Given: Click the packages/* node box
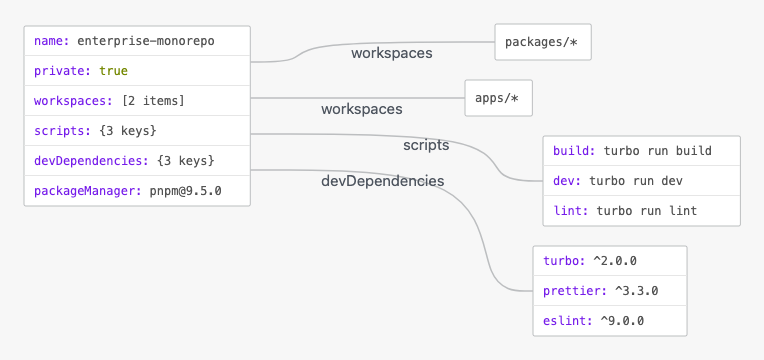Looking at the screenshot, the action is [x=543, y=42].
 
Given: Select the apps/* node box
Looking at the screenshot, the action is [x=498, y=98].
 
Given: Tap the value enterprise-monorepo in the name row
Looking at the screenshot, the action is [x=146, y=41].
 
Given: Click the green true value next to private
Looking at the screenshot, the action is [x=114, y=71].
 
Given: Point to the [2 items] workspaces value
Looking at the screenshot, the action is [x=153, y=101].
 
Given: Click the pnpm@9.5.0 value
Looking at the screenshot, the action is [x=185, y=191].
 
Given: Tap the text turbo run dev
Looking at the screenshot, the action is [x=636, y=181].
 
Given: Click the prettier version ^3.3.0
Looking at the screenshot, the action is [x=636, y=291].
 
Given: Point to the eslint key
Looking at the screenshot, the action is [x=568, y=321].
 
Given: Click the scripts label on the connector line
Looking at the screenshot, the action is [x=426, y=145].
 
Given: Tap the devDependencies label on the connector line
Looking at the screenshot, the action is [x=382, y=181].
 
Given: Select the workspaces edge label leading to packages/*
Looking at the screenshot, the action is [x=392, y=53].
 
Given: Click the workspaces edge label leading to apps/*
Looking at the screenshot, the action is [x=362, y=109].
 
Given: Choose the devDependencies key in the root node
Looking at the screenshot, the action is [x=91, y=161].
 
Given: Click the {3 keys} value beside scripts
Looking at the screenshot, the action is [x=128, y=131].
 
